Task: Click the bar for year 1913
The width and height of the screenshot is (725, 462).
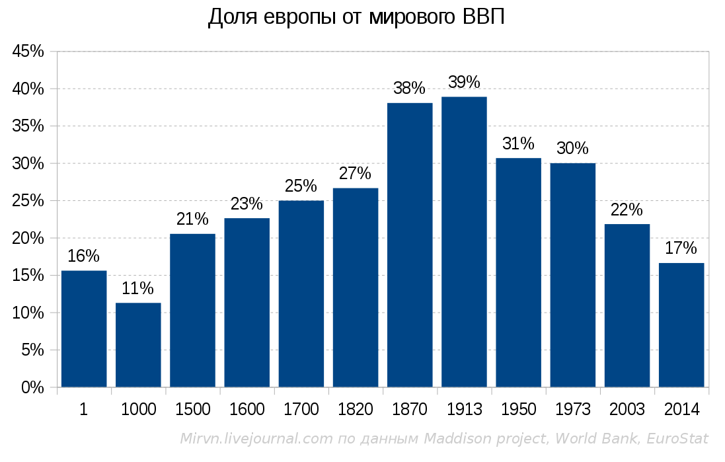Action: (464, 242)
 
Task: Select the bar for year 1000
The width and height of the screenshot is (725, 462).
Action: (138, 344)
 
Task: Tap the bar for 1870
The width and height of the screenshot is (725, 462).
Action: (410, 245)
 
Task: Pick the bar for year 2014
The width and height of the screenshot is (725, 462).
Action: (681, 325)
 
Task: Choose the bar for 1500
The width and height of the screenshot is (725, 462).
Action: (192, 310)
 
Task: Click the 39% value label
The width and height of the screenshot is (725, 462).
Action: (464, 83)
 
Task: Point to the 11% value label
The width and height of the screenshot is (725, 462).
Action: (138, 289)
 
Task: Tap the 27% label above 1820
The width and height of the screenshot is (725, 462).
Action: (355, 174)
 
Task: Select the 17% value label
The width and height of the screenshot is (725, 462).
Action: (681, 249)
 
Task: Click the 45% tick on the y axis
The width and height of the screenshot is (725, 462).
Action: (28, 52)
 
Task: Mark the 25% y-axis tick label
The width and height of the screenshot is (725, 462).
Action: (28, 201)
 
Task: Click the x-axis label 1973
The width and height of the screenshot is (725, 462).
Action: (573, 410)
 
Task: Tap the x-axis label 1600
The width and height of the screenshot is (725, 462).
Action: (247, 410)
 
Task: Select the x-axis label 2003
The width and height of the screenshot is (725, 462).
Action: (627, 410)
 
